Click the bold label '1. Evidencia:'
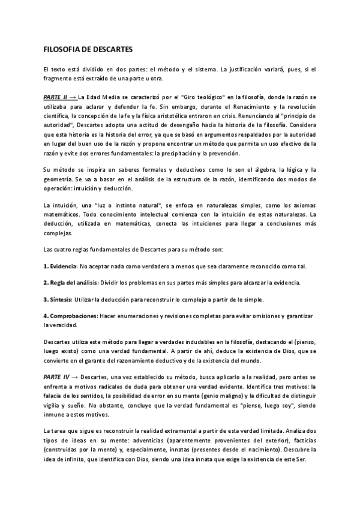pos(58,265)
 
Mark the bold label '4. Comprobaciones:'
pos(70,316)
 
